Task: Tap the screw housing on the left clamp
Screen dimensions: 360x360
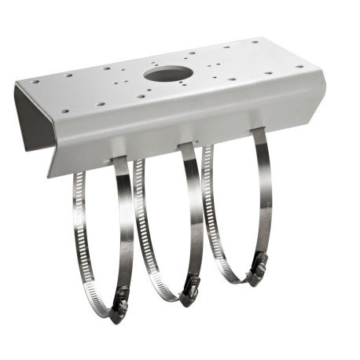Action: click(119, 305)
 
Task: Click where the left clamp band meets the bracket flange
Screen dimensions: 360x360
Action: click(119, 160)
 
